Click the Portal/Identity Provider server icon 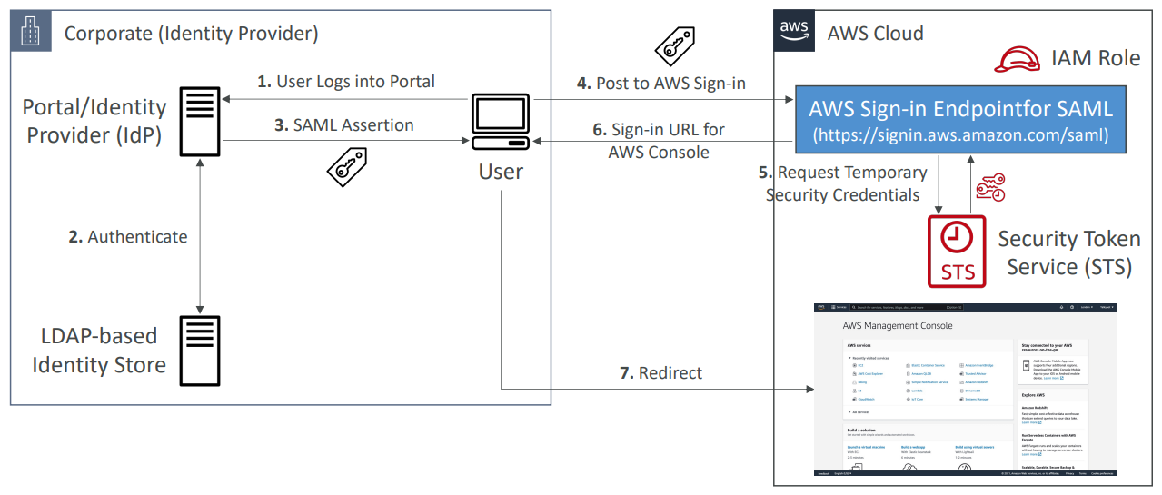coord(200,121)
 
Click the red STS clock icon coord(957,250)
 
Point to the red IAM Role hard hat coord(1017,58)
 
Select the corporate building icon coord(32,34)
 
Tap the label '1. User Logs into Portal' coord(346,82)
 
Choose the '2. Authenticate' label coord(128,237)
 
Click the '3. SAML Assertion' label coord(344,125)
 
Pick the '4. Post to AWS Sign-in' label coord(661,84)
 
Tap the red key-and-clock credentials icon coord(989,187)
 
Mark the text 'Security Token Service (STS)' coord(1068,252)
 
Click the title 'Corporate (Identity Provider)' coord(191,35)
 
